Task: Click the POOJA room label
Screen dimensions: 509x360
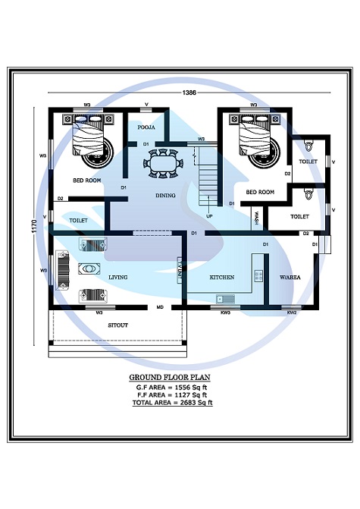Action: [146, 127]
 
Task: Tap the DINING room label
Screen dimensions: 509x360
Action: [165, 195]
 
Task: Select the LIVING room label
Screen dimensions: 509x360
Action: [117, 278]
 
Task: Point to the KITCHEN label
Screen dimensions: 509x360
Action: [221, 278]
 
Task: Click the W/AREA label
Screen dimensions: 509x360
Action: [291, 278]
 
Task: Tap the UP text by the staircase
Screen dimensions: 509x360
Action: [209, 215]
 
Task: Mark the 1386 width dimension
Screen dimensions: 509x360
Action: [190, 92]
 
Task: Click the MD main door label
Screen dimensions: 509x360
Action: [160, 308]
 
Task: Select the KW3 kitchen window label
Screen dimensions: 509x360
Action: [225, 312]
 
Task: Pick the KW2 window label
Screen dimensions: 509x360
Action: [292, 312]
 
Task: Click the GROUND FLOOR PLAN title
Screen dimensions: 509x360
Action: [170, 377]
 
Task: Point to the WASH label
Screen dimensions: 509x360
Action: [258, 218]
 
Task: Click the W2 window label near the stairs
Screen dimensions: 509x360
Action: [202, 140]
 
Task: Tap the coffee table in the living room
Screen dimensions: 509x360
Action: [89, 269]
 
